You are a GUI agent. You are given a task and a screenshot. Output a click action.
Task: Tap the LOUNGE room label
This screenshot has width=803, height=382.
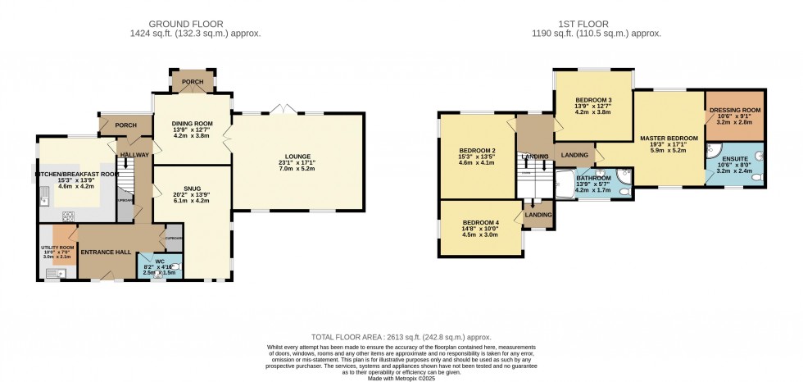pos(298,157)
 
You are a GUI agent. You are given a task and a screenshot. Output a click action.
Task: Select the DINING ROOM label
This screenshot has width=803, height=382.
pos(193,121)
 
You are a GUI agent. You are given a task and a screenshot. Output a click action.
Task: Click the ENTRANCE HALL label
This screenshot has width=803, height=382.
pos(105,252)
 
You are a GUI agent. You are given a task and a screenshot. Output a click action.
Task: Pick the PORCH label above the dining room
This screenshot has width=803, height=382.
pos(193,82)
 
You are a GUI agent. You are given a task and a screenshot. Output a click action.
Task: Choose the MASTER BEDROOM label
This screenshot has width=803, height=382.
pos(669,139)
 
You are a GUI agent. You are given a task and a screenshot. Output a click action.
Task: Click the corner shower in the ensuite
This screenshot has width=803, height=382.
pos(715,151)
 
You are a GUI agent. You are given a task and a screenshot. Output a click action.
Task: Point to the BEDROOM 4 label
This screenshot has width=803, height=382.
pos(479,223)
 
